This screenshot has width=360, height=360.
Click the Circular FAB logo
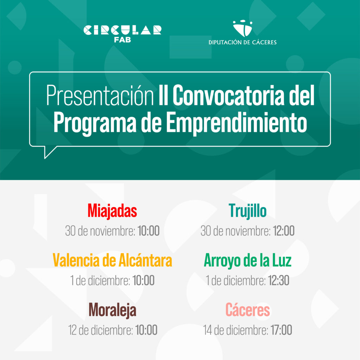point(122,34)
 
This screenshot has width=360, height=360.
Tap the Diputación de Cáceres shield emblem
point(243,28)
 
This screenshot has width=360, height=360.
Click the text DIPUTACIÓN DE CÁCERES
point(243,43)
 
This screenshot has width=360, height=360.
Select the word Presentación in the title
point(100,95)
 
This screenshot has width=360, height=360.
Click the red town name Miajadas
point(112,211)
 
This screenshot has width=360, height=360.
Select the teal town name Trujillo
point(247,211)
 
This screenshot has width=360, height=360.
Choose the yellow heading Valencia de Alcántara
point(112,261)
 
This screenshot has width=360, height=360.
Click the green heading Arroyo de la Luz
point(247,261)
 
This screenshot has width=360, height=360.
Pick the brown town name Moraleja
point(112,310)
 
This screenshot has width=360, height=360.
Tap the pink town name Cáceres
point(247,310)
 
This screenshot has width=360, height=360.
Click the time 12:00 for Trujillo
point(284,231)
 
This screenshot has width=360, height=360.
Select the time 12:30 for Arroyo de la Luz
point(278,280)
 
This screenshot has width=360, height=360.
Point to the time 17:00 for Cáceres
point(281,330)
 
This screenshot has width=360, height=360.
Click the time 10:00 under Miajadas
point(149,231)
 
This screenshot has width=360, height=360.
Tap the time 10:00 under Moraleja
point(146,330)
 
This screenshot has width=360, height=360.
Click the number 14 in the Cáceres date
point(207,330)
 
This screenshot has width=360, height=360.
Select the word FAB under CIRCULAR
point(123,40)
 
